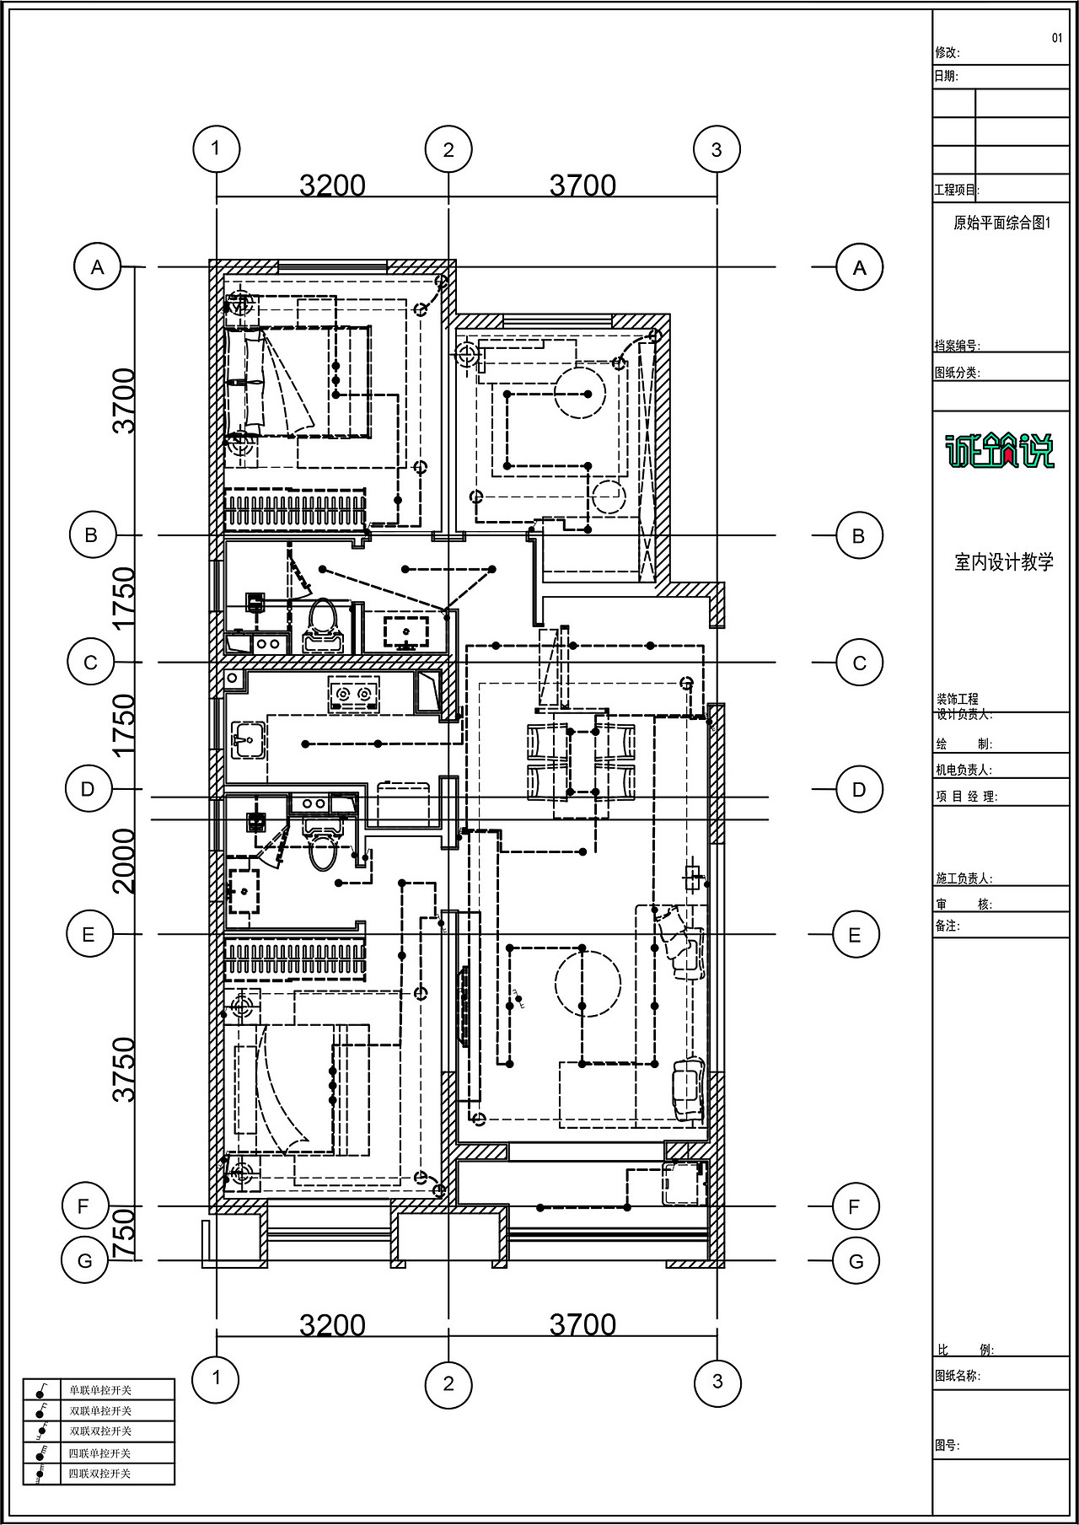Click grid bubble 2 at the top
coord(448,150)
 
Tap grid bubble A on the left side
coord(98,267)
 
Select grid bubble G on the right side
coord(856,1261)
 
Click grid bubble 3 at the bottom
coord(717,1381)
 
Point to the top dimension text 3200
coord(333,185)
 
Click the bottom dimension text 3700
coord(582,1325)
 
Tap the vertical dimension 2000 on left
coord(124,861)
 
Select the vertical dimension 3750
coord(124,1069)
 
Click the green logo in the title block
coord(999,450)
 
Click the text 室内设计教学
coord(1004,562)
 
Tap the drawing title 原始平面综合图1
coord(1001,223)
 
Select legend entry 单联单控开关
coord(100,1390)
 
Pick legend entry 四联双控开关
coord(100,1474)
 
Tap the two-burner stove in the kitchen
coord(353,694)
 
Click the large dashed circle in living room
coord(588,983)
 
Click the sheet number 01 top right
coord(1057,38)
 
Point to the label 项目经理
coord(966,797)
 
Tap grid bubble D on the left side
coord(88,790)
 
